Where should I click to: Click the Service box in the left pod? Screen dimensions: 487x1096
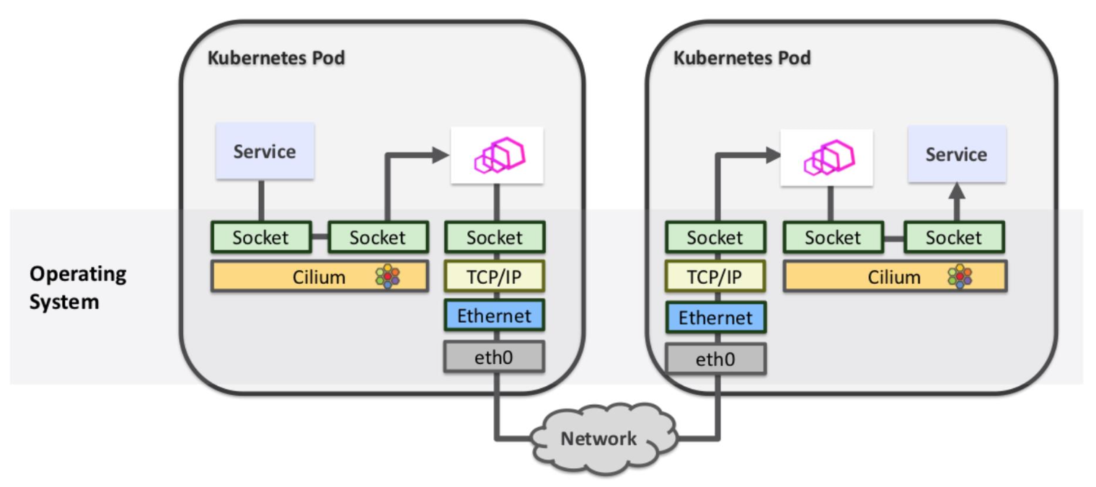[x=265, y=151]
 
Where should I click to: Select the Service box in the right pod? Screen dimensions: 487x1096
[x=956, y=154]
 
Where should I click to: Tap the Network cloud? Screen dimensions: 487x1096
[x=599, y=438]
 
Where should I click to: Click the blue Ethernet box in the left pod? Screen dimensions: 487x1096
[x=494, y=316]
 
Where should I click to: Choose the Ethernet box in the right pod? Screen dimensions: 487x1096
[x=715, y=318]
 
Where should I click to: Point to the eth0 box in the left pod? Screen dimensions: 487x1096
[x=494, y=357]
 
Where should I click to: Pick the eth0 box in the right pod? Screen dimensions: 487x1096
[x=715, y=359]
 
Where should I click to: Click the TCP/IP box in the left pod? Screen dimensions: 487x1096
[x=494, y=277]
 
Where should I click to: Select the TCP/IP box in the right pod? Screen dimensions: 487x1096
[x=715, y=277]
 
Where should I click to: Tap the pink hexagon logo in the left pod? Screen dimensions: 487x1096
[x=497, y=156]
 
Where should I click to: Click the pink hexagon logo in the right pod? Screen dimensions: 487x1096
[x=828, y=157]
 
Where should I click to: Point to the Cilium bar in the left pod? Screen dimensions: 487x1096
[x=319, y=277]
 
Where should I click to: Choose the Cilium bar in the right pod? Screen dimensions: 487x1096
[x=895, y=277]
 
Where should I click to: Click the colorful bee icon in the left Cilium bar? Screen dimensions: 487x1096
[x=388, y=277]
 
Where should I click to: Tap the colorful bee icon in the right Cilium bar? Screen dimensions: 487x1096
[x=960, y=277]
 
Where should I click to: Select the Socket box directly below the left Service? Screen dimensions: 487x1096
[x=261, y=237]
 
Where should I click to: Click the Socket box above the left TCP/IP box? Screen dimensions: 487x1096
[x=494, y=237]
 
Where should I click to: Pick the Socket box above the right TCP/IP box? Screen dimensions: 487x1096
[x=715, y=237]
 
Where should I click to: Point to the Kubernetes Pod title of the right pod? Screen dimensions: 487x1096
[x=742, y=58]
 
